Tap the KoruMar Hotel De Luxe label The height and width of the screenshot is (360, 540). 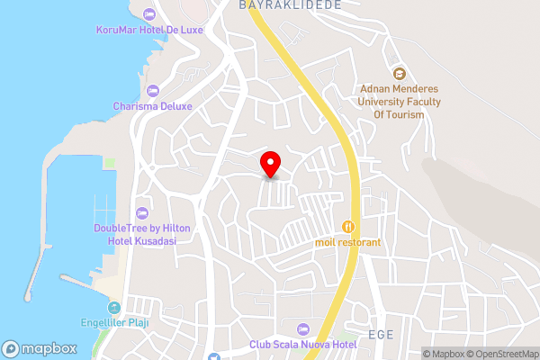click(149, 30)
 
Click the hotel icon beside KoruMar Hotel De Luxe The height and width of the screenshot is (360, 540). click(149, 14)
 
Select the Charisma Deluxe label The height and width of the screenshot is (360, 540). click(152, 105)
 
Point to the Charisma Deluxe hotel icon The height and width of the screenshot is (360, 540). click(152, 90)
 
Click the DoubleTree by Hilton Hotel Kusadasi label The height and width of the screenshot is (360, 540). click(134, 234)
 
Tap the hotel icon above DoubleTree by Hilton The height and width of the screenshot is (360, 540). click(141, 212)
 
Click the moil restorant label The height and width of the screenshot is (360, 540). click(347, 242)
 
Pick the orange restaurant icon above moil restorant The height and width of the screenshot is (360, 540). click(348, 226)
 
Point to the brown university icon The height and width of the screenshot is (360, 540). click(399, 73)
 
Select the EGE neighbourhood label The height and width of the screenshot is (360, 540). click(382, 334)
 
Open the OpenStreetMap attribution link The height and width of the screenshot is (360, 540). click(501, 354)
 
